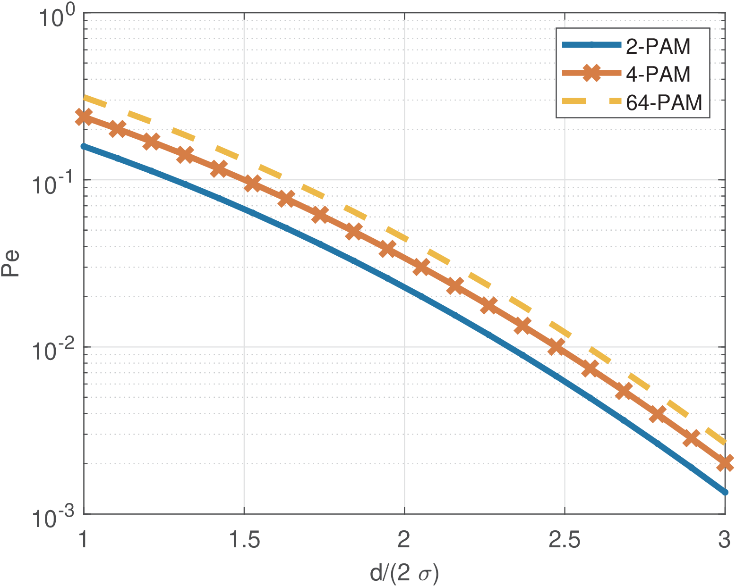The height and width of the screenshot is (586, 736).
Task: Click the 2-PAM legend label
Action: click(658, 46)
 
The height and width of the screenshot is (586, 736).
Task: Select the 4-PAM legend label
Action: click(658, 74)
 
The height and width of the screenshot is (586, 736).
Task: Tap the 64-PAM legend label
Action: click(664, 102)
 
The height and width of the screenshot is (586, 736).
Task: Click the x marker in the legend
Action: click(591, 73)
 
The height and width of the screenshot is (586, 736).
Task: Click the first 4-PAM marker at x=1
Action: click(84, 117)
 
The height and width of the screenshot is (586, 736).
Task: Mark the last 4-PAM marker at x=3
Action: click(725, 462)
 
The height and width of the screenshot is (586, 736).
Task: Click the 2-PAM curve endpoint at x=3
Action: click(725, 492)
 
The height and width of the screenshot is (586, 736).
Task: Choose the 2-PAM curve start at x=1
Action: click(84, 146)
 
